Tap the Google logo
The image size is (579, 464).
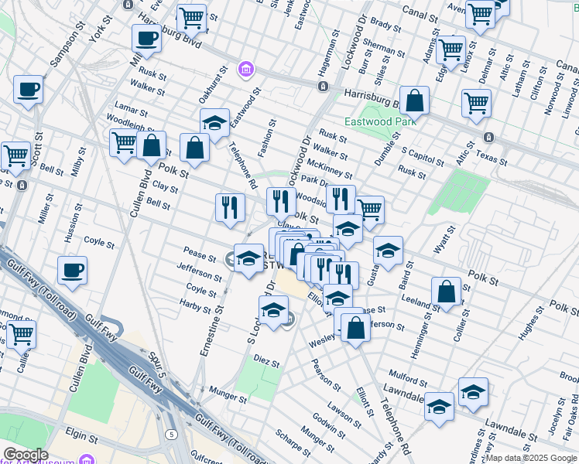pos(26,455)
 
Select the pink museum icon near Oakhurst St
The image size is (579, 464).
pos(246,70)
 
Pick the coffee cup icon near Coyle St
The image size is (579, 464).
pos(72,270)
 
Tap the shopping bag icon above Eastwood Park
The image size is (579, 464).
pos(415,101)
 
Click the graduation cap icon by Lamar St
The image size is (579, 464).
pos(214,122)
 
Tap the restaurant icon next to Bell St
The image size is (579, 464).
pos(230,207)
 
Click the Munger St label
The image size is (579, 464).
pos(228,399)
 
